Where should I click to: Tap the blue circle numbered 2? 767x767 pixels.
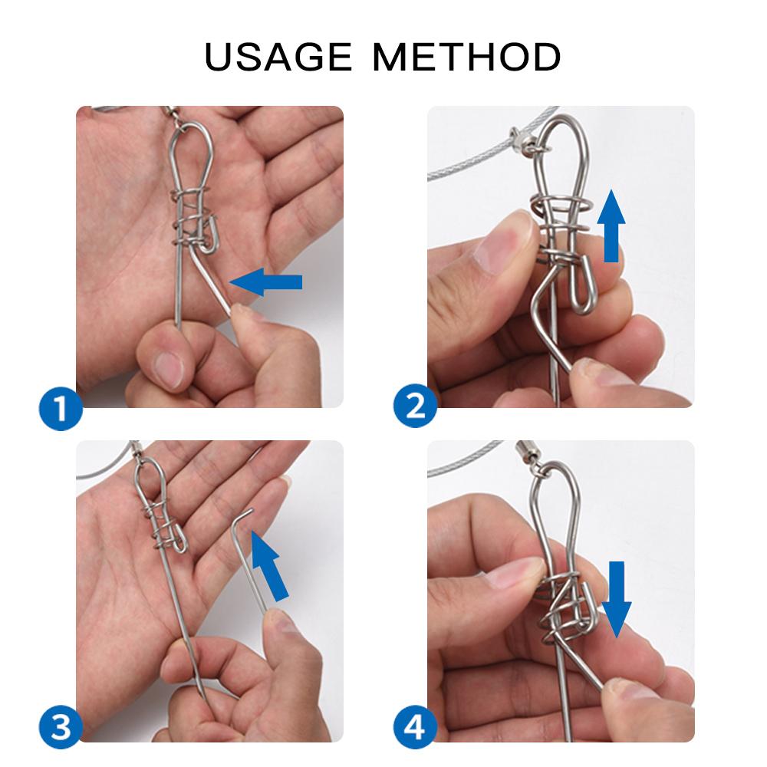pos(415,405)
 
